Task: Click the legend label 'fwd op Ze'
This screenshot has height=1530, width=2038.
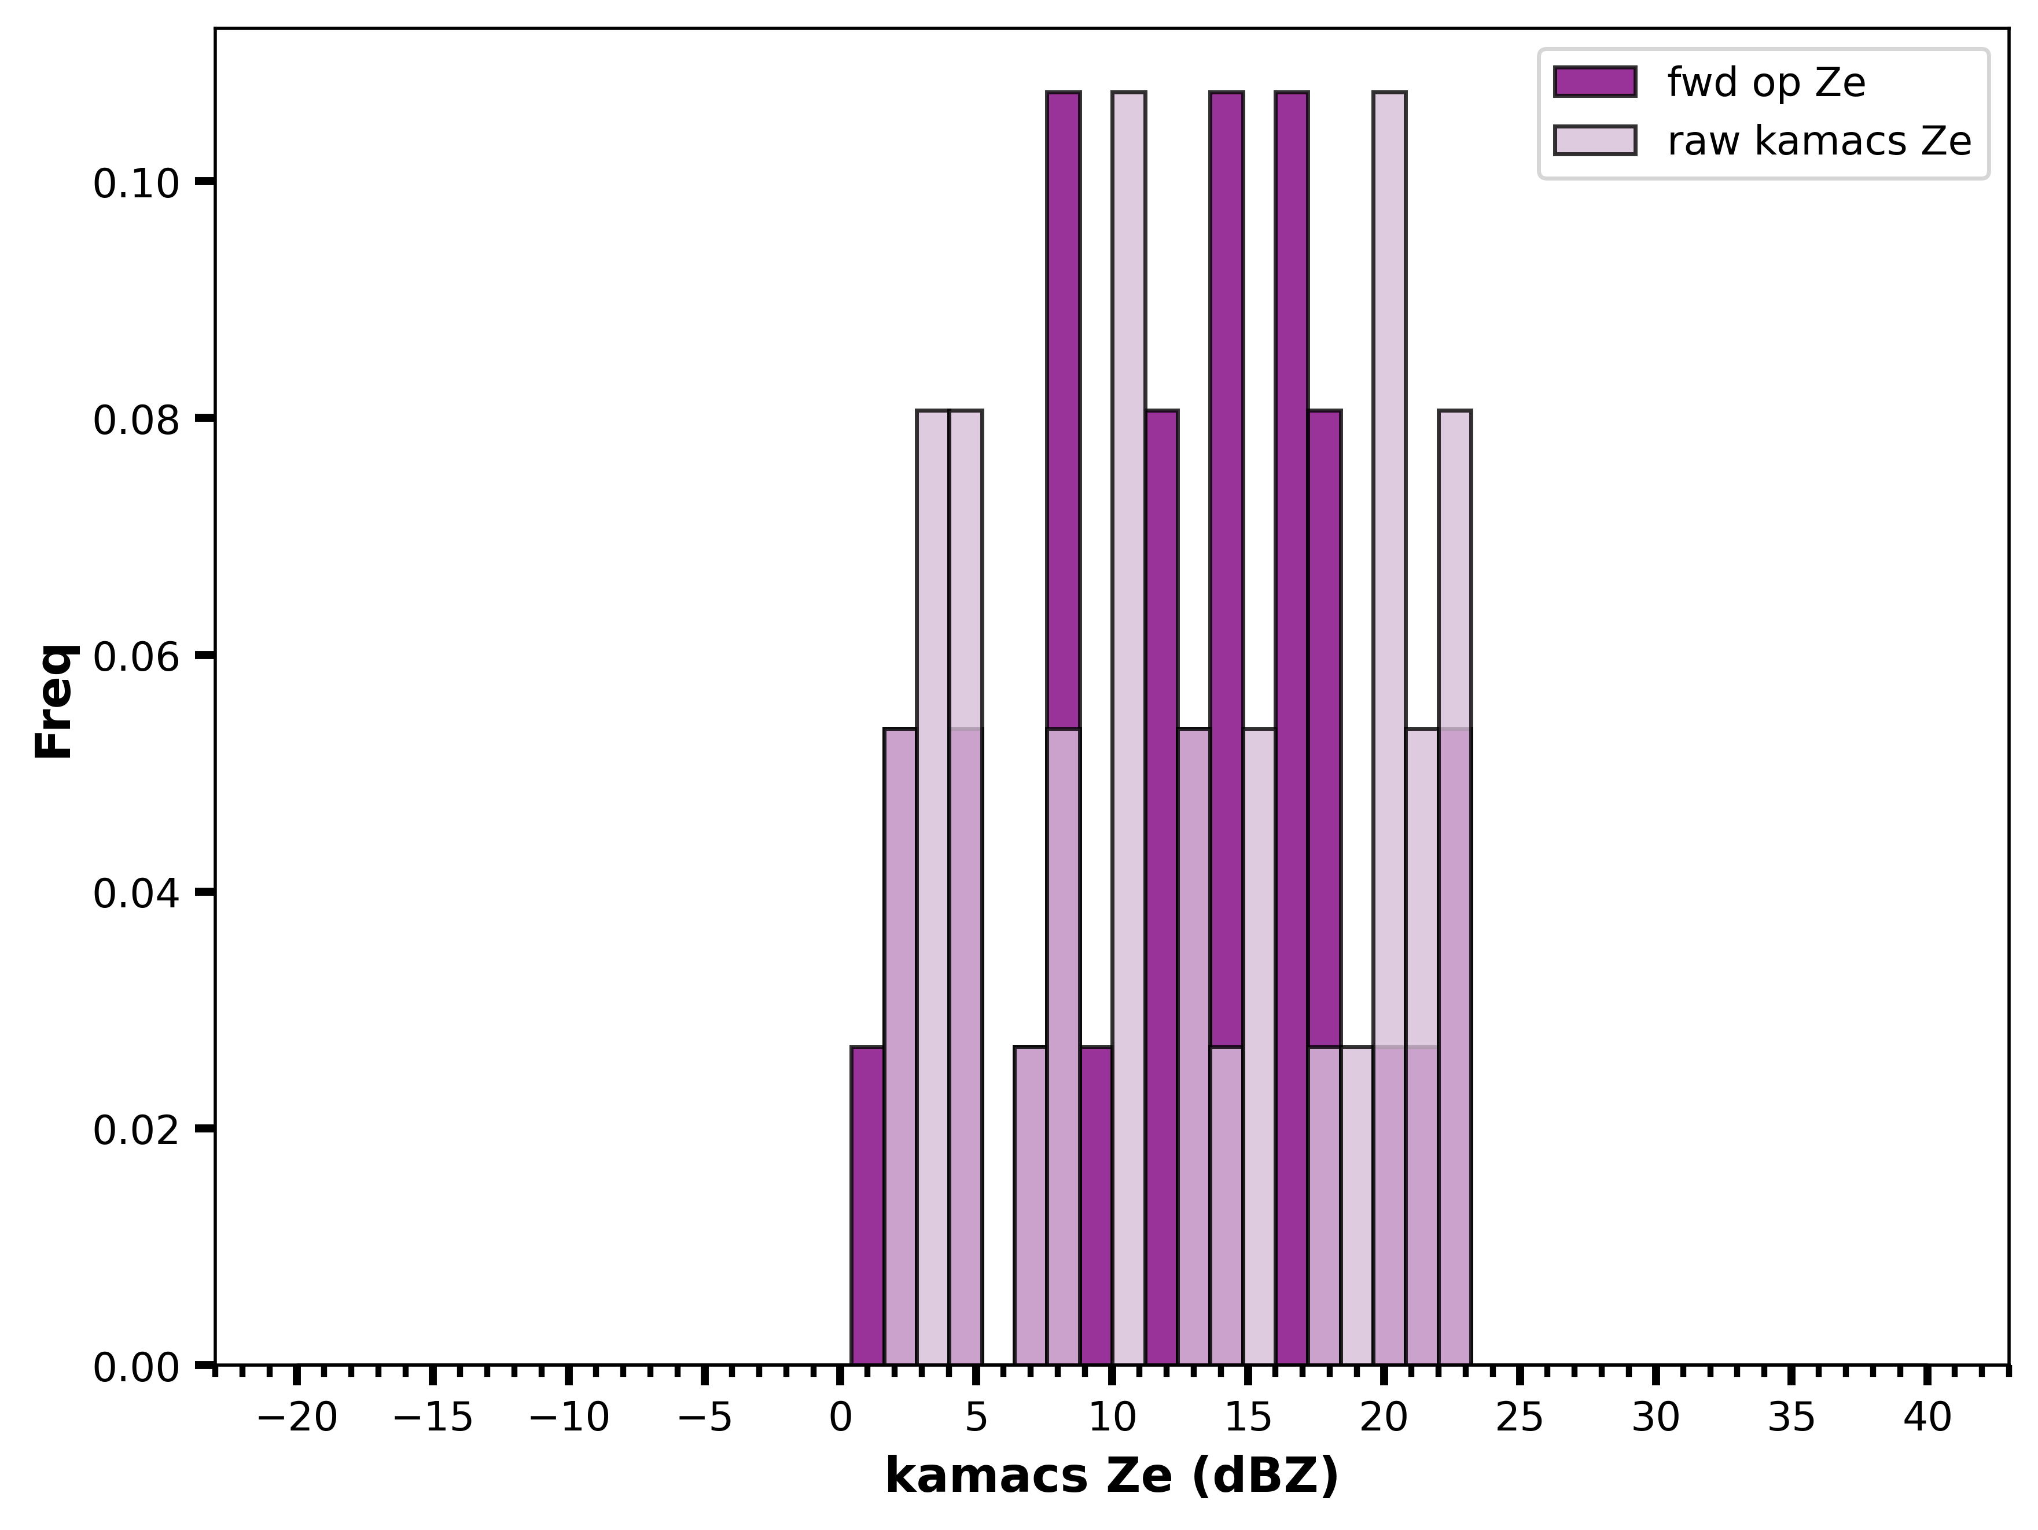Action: click(x=1765, y=83)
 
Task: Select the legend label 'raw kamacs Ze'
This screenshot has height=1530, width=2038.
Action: click(x=1819, y=141)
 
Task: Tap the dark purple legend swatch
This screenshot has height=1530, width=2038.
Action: click(x=1595, y=82)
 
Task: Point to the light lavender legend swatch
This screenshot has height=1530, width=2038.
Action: click(x=1595, y=140)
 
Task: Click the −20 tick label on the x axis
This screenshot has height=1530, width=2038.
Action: click(x=297, y=1418)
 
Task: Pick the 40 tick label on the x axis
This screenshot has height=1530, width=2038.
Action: click(x=1926, y=1418)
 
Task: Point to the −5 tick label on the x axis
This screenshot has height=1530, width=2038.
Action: click(x=705, y=1418)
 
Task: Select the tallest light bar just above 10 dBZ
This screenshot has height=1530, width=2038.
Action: click(x=1128, y=728)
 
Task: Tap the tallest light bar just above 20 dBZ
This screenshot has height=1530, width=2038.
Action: click(x=1389, y=728)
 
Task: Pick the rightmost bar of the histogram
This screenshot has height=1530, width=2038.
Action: click(x=1455, y=887)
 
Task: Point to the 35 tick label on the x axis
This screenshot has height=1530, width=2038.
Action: click(x=1791, y=1418)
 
